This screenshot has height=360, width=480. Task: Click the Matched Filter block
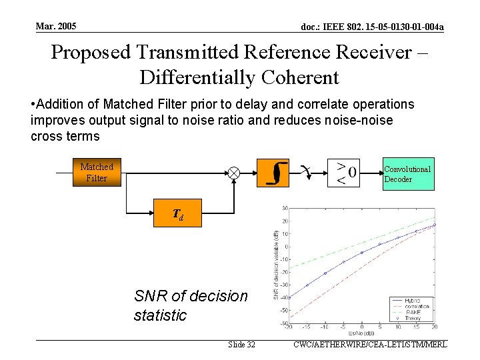point(97,172)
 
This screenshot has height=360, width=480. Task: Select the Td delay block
point(177,215)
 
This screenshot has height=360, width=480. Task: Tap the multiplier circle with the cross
point(234,173)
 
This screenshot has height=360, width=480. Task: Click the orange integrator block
point(277,173)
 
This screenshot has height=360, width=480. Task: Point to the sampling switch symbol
point(305,171)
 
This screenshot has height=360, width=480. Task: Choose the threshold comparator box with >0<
point(344,173)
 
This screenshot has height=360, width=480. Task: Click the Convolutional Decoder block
point(408,174)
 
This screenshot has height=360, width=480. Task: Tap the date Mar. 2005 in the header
point(57,26)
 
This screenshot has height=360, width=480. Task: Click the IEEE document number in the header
point(373,27)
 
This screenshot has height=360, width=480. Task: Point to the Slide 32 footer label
point(241,345)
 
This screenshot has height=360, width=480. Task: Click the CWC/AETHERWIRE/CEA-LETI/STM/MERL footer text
point(369,345)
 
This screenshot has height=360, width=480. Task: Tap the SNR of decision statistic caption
point(191,305)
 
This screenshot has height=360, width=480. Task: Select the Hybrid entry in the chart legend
point(412,301)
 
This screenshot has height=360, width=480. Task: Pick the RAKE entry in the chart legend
point(412,313)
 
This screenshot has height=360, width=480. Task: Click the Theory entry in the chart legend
point(412,319)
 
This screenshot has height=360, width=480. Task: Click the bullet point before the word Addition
point(33,105)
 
